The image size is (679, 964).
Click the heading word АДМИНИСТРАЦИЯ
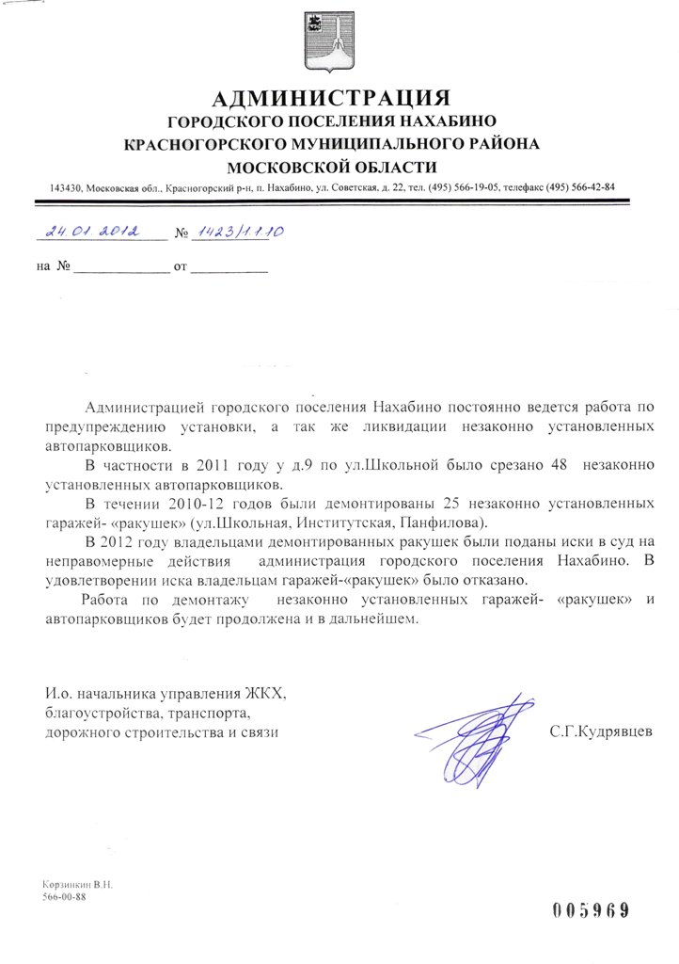pyautogui.click(x=332, y=98)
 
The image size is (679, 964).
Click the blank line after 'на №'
pyautogui.click(x=120, y=268)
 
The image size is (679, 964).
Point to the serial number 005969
pyautogui.click(x=590, y=909)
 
